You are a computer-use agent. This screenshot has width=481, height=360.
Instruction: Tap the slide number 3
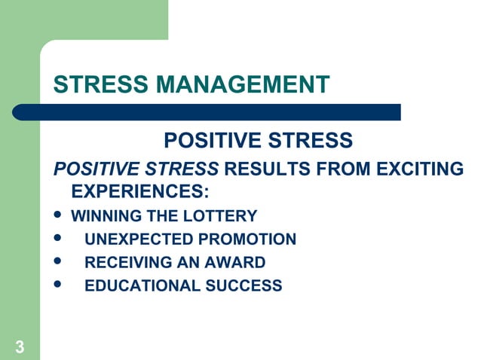19,347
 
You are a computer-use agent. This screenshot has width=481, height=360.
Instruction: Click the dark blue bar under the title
207,112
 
